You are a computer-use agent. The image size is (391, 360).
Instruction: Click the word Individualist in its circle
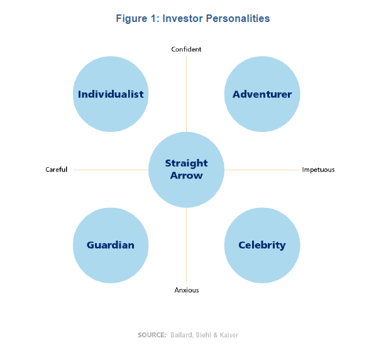click(111, 94)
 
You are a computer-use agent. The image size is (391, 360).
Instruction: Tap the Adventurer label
click(262, 94)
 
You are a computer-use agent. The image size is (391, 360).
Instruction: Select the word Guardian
click(111, 245)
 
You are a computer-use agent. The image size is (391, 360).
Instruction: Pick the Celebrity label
click(262, 245)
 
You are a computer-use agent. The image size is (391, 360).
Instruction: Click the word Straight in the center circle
click(186, 163)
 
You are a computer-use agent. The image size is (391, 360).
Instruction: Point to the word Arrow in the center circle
click(186, 175)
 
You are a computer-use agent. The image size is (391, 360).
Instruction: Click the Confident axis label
click(186, 49)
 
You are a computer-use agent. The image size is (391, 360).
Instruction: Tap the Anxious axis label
click(187, 290)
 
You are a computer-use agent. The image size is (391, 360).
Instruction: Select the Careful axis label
click(56, 170)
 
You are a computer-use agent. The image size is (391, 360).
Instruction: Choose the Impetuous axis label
click(318, 170)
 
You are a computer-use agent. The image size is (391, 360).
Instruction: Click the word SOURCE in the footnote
click(151, 335)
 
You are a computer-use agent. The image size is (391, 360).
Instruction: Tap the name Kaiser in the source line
click(228, 335)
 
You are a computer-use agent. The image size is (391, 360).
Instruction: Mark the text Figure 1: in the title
click(137, 18)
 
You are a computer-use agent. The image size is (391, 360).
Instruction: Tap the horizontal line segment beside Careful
click(110, 170)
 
